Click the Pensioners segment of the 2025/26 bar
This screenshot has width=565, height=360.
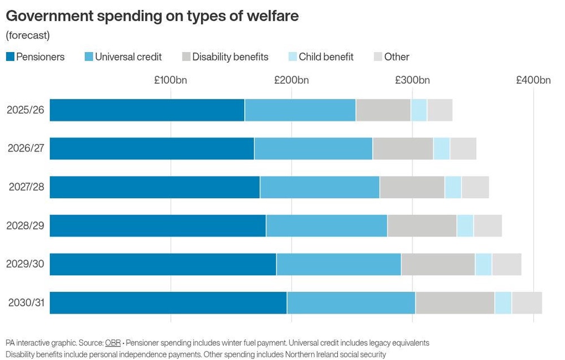point(147,110)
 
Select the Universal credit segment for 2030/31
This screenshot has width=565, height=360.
point(351,303)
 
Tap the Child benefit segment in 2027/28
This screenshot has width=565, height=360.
point(453,187)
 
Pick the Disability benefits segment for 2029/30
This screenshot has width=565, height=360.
point(438,264)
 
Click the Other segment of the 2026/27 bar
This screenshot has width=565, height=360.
point(463,149)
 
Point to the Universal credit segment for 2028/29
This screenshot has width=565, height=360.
point(327,225)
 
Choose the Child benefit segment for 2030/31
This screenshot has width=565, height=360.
point(503,303)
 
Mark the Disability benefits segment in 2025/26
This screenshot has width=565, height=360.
point(384,110)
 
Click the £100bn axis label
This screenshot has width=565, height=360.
point(171,80)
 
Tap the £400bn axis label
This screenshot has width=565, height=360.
point(533,80)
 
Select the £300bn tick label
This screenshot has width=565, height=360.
point(412,80)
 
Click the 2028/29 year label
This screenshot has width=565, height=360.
point(25,225)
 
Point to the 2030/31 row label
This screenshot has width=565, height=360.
point(27,303)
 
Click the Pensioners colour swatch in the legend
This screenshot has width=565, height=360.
point(10,57)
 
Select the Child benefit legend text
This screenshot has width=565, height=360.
point(326,57)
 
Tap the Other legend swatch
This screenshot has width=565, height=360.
point(378,57)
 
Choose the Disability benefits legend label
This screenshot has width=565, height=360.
point(231,57)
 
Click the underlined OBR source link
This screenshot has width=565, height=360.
point(113,342)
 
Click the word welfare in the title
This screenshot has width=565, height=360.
point(273,16)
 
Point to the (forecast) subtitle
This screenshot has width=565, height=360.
point(28,35)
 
